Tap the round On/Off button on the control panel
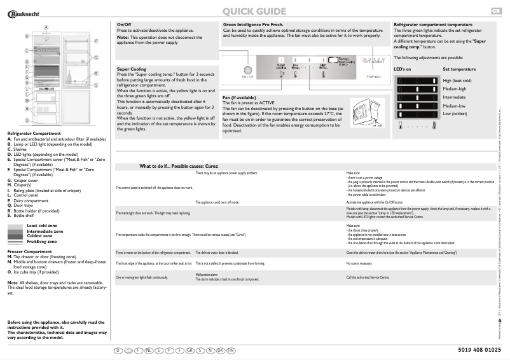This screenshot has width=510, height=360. point(247,69)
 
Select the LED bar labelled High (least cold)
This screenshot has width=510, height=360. point(417,81)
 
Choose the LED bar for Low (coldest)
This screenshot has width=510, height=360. point(417,114)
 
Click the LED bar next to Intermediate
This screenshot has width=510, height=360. point(417,97)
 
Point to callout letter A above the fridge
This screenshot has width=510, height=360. point(46,26)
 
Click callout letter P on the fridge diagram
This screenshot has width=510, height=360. point(96,40)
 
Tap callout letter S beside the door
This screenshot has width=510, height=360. point(96,85)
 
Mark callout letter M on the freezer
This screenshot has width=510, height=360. point(27,100)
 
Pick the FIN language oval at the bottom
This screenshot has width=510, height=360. point(231,350)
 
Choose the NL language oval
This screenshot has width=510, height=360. point(148,350)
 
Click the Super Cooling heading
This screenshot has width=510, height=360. point(132,69)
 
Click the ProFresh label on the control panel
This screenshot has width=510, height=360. point(373,77)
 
